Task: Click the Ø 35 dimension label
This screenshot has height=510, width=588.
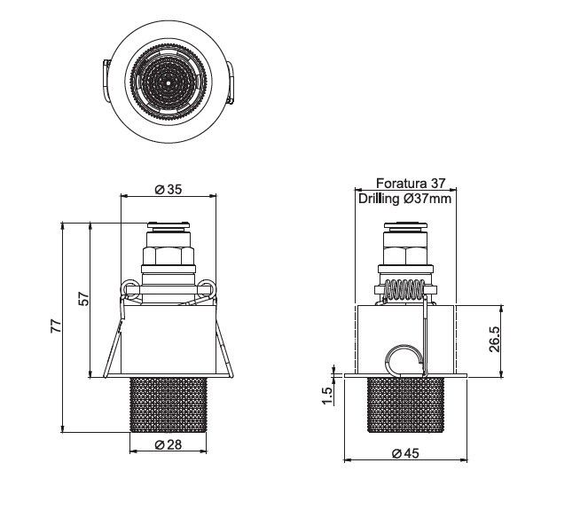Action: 169,190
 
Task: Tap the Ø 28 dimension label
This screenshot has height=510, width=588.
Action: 169,444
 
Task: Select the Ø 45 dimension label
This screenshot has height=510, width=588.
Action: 405,453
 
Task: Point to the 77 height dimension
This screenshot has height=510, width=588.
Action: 56,326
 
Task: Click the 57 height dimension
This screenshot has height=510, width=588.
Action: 85,299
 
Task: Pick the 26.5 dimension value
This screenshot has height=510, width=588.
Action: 495,339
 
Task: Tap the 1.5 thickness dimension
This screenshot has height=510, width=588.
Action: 327,396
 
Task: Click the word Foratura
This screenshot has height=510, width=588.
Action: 401,184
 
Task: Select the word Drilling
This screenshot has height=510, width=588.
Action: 379,199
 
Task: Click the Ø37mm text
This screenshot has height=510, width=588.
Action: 427,198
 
